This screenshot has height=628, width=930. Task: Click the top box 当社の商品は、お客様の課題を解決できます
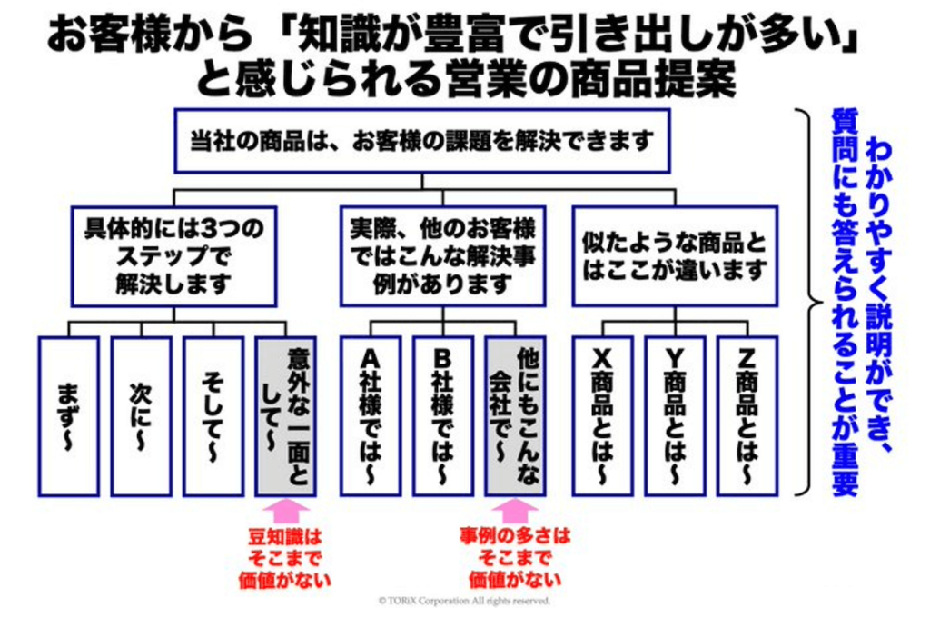point(421,141)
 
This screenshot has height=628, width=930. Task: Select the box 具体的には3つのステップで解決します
point(173,256)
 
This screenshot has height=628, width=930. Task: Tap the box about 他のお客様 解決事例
point(442,256)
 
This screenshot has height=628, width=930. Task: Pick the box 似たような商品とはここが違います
point(675,256)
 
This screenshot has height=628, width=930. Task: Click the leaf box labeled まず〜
point(69,416)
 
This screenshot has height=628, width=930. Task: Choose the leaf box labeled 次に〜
point(141,416)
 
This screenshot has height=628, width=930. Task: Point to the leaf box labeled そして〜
point(213,416)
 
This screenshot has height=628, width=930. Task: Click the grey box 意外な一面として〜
point(286,416)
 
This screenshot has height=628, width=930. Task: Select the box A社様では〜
point(371,416)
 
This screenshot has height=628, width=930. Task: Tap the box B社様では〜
point(443,416)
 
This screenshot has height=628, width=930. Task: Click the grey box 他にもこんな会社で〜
point(516,416)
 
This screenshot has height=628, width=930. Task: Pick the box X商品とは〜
point(603,416)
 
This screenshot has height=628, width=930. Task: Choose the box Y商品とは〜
point(675,416)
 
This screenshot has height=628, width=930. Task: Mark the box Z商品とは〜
point(747,416)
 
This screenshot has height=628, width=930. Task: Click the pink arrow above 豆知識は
point(285,512)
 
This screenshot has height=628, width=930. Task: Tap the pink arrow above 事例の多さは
point(515,512)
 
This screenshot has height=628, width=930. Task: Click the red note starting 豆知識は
point(284,559)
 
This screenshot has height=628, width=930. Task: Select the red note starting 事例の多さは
point(515,557)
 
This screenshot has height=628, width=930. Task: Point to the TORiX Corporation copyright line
point(464,601)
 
